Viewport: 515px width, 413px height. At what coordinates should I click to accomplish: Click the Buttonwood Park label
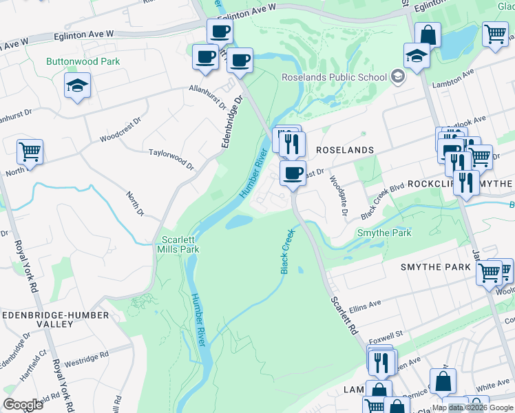pos(83,61)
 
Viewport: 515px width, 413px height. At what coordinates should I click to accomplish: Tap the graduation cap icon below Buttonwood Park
pos(76,86)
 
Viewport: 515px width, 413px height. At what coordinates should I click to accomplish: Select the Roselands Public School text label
pos(334,77)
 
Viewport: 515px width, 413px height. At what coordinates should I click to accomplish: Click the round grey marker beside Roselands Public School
pos(397,76)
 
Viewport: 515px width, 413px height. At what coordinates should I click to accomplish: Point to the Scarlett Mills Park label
pos(179,244)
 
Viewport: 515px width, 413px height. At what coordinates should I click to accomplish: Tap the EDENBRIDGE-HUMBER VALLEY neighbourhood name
pos(54,319)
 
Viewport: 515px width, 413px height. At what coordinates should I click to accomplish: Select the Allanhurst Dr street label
pos(209,98)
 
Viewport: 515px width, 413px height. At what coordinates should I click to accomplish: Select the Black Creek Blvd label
pos(381,202)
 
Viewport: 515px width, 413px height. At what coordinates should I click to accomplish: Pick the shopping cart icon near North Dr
pos(30,151)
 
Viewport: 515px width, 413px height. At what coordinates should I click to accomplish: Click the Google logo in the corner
pos(23,404)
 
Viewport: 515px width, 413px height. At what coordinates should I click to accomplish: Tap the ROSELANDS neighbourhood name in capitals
pos(344,149)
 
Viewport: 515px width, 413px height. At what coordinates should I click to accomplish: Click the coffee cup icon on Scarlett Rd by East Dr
pos(293,172)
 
